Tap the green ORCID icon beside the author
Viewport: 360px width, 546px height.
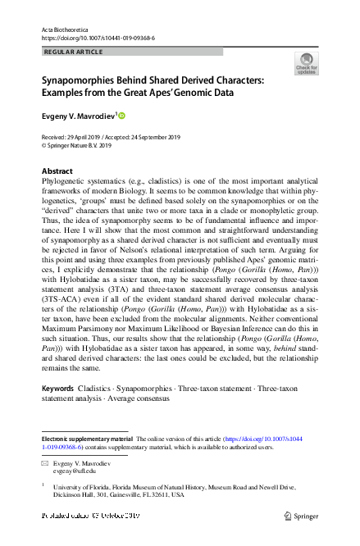coord(123,116)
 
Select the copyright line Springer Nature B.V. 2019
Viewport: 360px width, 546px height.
coord(79,145)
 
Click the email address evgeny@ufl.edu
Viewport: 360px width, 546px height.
coord(74,472)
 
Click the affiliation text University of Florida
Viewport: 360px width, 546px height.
coord(84,487)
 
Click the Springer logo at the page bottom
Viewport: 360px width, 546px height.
coord(303,516)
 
